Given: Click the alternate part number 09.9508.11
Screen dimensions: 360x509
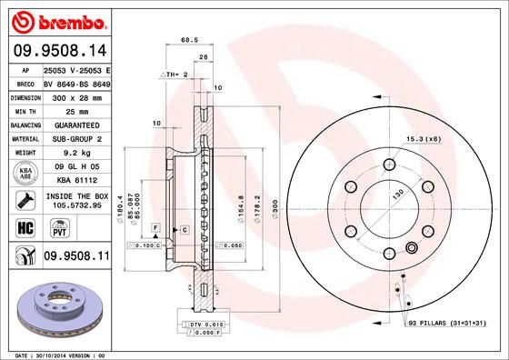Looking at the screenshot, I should pos(76,259).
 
